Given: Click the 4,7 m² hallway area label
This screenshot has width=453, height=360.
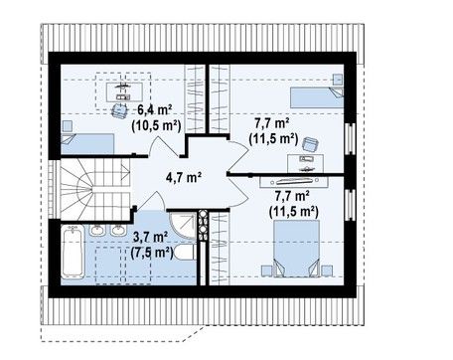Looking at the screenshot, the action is (x=184, y=178).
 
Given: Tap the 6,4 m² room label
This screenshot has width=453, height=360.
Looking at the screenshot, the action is (x=155, y=109).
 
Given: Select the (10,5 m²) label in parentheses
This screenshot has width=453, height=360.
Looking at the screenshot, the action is (x=156, y=125).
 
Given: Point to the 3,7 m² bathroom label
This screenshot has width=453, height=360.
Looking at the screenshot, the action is (x=150, y=237).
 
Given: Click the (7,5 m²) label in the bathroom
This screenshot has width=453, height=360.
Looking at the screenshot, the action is (x=152, y=253).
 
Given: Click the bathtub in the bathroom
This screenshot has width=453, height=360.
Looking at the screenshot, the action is (x=73, y=252).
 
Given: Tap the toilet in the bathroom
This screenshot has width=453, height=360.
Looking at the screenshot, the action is (x=185, y=253).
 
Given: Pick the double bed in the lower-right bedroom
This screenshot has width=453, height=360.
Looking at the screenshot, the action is (x=297, y=249).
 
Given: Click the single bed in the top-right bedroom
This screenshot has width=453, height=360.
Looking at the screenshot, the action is (x=317, y=97).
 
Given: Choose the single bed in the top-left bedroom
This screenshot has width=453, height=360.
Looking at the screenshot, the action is (x=87, y=144).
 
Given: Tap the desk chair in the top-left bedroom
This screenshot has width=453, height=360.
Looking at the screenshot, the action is (x=119, y=110).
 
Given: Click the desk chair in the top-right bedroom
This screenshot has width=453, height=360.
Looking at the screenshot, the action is (x=311, y=144).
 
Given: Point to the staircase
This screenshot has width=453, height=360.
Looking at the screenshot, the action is (x=95, y=189).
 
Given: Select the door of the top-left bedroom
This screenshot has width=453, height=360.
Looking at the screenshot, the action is (x=164, y=146).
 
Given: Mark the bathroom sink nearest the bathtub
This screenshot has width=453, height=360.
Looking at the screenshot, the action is (x=97, y=230).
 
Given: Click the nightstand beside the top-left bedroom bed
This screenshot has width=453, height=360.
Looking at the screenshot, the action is (x=68, y=126).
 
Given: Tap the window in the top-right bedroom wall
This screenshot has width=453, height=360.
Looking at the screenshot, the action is (x=350, y=138).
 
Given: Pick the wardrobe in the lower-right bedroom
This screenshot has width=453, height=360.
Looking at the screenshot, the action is (x=220, y=249).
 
